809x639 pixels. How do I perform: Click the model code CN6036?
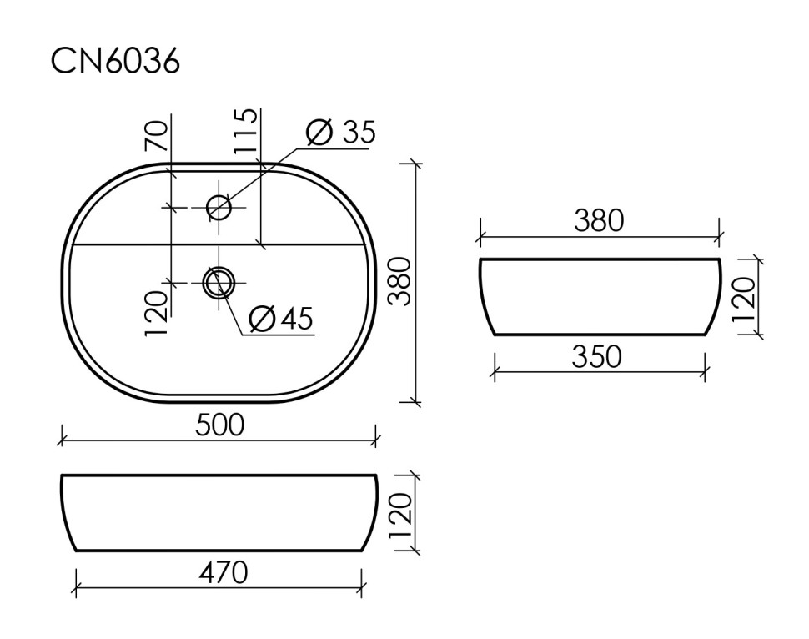coord(115,61)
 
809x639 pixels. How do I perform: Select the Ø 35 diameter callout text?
coord(340,133)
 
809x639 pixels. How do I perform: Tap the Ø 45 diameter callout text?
coord(281,318)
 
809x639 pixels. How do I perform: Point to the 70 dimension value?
coord(158,135)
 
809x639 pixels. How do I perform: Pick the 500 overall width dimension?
coord(219,425)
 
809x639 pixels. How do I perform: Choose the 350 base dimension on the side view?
coord(597,357)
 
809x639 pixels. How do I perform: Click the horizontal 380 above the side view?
coord(598,221)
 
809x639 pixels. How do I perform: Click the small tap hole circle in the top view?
coord(219,207)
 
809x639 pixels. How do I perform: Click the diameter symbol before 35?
coord(319,133)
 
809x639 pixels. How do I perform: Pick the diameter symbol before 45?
coord(262,318)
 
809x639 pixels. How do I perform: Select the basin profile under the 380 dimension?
coord(599,296)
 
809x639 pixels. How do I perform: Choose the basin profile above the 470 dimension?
coord(219,513)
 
